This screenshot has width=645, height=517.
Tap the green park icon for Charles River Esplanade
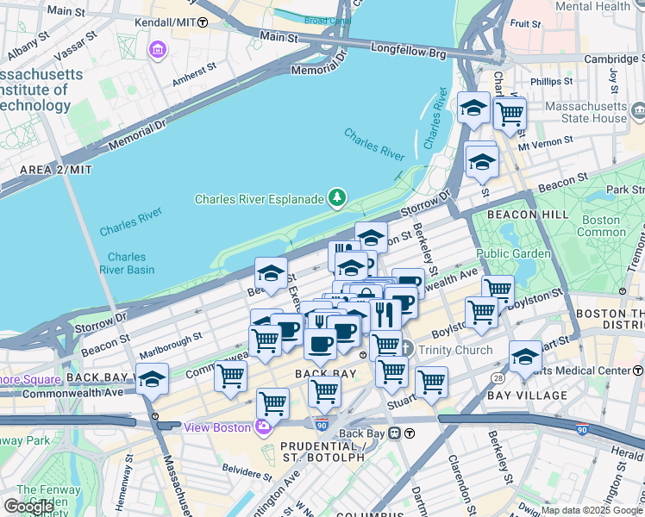tap(336, 199)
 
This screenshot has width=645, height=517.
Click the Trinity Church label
tap(454, 350)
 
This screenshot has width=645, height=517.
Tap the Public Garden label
tap(513, 253)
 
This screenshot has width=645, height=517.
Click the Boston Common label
tap(601, 226)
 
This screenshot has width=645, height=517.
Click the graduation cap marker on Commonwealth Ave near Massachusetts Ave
tap(153, 378)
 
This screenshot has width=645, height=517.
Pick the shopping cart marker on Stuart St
tap(431, 381)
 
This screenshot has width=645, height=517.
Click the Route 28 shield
tap(498, 378)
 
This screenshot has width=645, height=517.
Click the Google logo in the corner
tap(28, 507)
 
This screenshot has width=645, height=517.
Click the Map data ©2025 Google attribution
tap(591, 510)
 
